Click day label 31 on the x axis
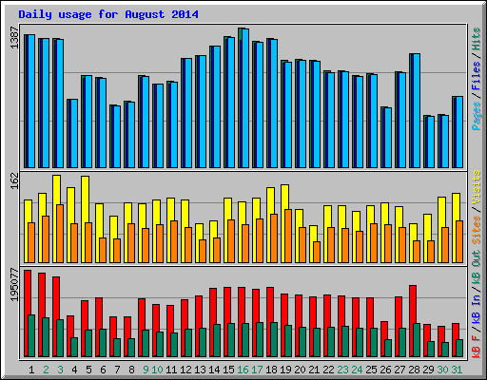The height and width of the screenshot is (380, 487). tap(458, 369)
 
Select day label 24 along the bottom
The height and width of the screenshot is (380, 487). tap(357, 369)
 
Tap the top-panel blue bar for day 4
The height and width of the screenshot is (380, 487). tap(73, 133)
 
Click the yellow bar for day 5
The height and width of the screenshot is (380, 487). tap(86, 199)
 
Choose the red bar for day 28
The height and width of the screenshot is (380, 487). tap(412, 304)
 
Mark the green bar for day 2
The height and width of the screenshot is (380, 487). tap(46, 336)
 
